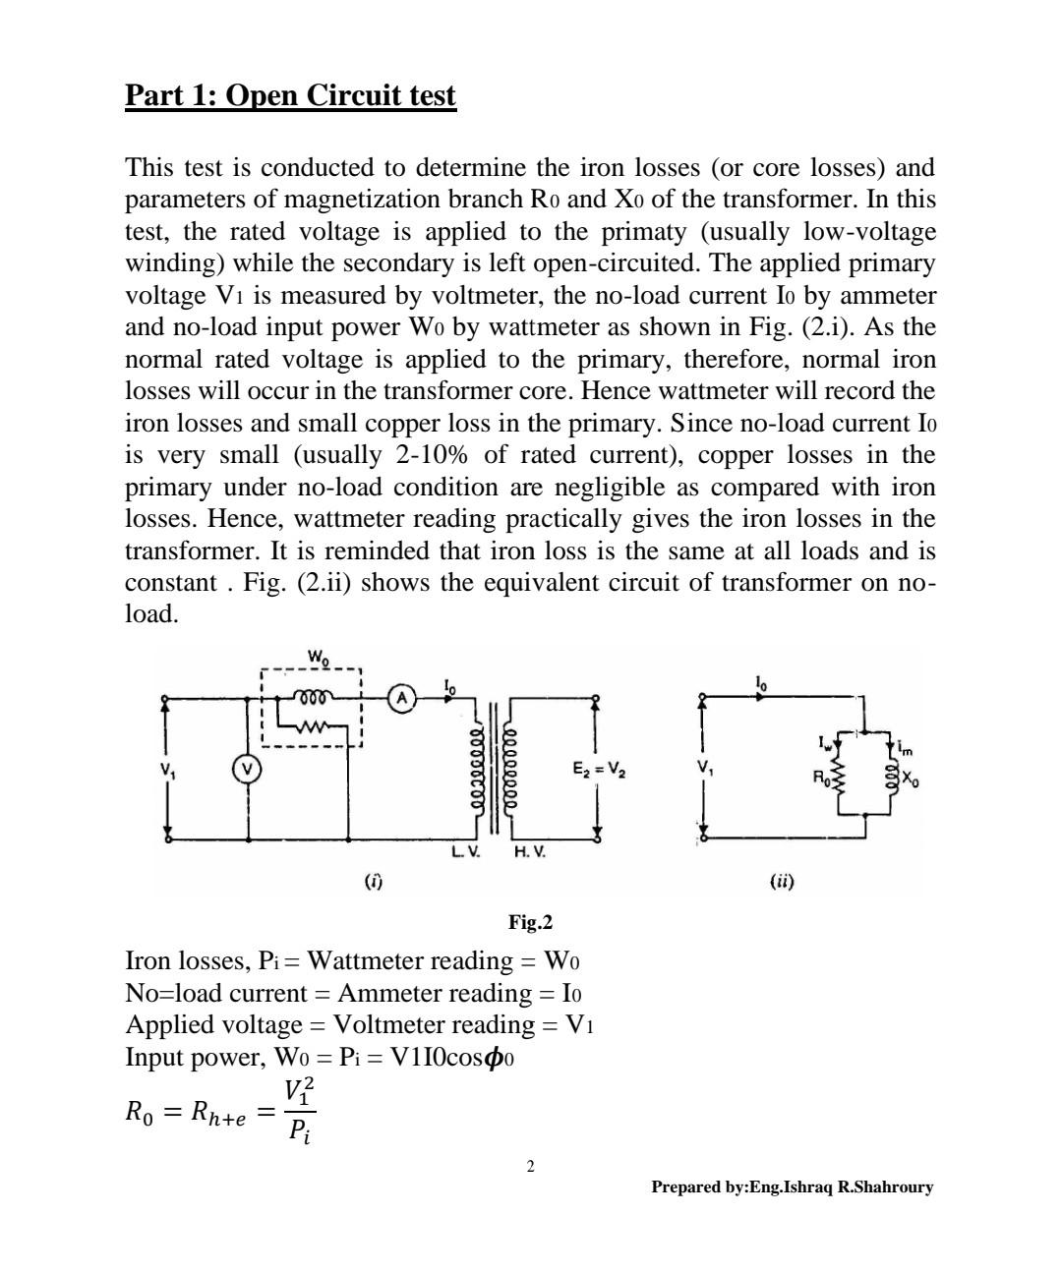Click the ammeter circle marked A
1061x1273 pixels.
(x=401, y=699)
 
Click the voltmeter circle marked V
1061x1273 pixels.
(x=248, y=769)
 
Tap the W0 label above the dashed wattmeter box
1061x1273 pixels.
(x=318, y=657)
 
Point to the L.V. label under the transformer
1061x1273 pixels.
(x=466, y=852)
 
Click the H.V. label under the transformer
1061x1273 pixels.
(x=530, y=852)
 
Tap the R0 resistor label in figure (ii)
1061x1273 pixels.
(x=821, y=778)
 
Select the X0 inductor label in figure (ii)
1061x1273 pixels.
(x=912, y=781)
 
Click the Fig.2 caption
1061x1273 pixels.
(x=530, y=922)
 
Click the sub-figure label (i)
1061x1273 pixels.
(x=374, y=882)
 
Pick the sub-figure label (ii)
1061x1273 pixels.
(x=782, y=882)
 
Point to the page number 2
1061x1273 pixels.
(x=531, y=1167)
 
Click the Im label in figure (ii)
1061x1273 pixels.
(x=906, y=749)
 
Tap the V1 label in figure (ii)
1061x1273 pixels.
(x=703, y=768)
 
